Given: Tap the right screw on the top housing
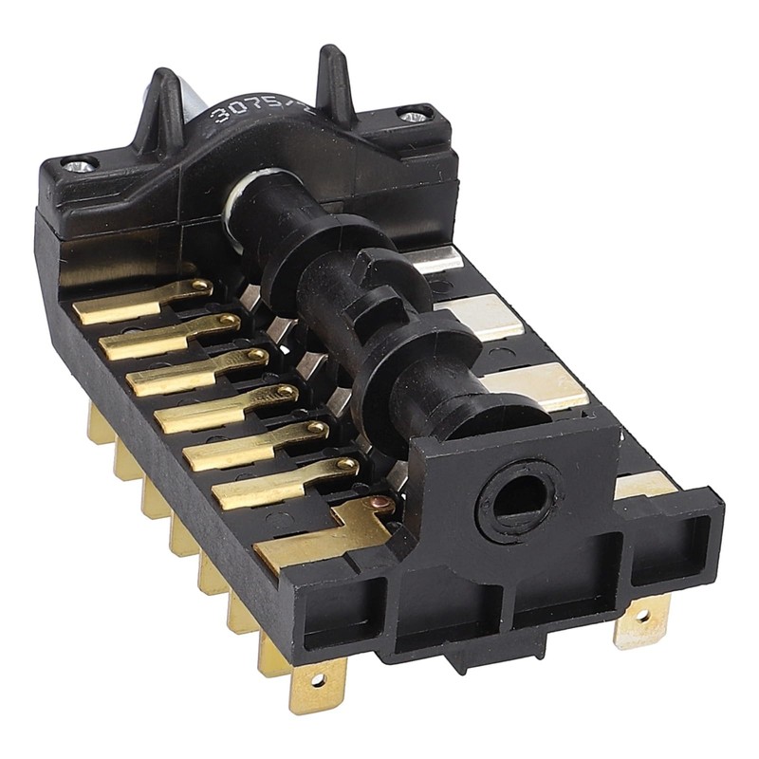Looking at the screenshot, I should [414, 116].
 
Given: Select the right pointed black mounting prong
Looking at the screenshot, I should [334, 80].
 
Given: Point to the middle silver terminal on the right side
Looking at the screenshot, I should [484, 317].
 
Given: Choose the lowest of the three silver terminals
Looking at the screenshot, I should [536, 385].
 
